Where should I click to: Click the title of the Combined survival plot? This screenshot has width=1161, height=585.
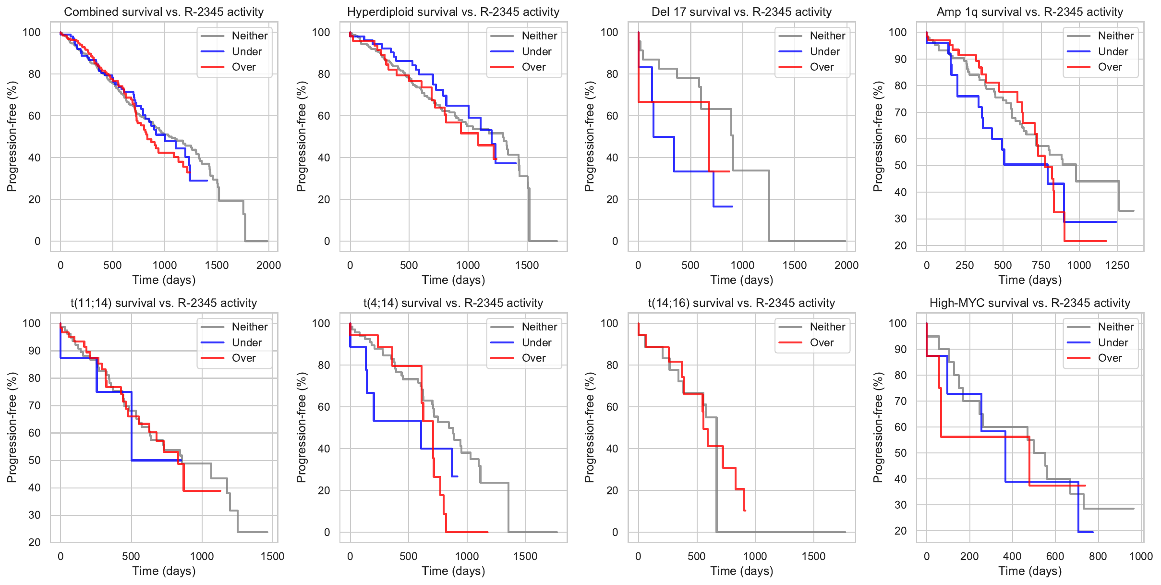tap(164, 12)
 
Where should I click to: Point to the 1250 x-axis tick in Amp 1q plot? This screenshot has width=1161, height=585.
tap(1117, 266)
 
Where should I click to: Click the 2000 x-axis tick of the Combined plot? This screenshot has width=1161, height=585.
tap(268, 266)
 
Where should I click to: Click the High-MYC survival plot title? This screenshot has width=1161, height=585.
tap(1030, 303)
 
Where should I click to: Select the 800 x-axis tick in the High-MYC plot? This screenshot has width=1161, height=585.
tap(1098, 557)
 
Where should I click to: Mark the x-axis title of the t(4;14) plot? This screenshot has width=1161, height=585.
tap(453, 571)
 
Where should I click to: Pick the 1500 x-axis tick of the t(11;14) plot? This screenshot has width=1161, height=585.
tap(273, 557)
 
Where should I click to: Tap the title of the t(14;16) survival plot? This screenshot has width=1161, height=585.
tap(741, 303)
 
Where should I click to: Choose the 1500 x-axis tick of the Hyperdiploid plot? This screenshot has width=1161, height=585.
tap(527, 266)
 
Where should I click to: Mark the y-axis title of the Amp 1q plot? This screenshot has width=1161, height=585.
tap(878, 136)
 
